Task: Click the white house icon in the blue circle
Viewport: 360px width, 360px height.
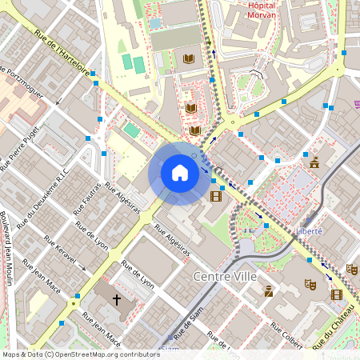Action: pos(179,173)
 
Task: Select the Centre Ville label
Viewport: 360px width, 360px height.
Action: pos(226,275)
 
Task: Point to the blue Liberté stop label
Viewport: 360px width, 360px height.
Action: pos(309,230)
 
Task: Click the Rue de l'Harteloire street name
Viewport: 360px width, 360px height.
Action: pos(62,50)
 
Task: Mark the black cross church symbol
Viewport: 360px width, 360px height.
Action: pos(117,300)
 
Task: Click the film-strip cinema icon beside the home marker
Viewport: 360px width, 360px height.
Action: pos(215,195)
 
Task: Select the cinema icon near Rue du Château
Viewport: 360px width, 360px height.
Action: pos(336,294)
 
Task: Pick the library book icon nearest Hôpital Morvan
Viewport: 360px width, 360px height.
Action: pos(189,58)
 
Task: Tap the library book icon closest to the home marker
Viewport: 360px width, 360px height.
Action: pos(195,130)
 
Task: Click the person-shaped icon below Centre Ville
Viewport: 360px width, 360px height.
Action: pos(269,292)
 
